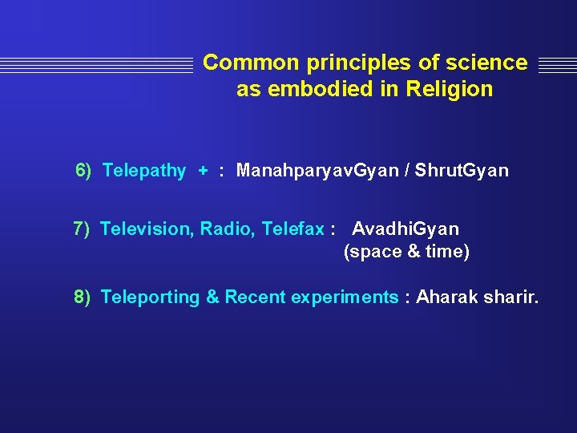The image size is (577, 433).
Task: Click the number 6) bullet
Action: point(83,171)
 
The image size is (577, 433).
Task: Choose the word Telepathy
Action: point(144,171)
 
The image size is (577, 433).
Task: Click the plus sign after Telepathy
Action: point(203,171)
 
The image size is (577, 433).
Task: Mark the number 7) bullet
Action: point(82,229)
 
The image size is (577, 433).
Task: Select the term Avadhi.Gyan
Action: point(406,229)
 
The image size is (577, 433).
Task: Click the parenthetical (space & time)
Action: point(406,252)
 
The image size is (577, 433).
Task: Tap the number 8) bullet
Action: point(83,297)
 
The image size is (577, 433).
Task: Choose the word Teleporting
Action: point(150,297)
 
